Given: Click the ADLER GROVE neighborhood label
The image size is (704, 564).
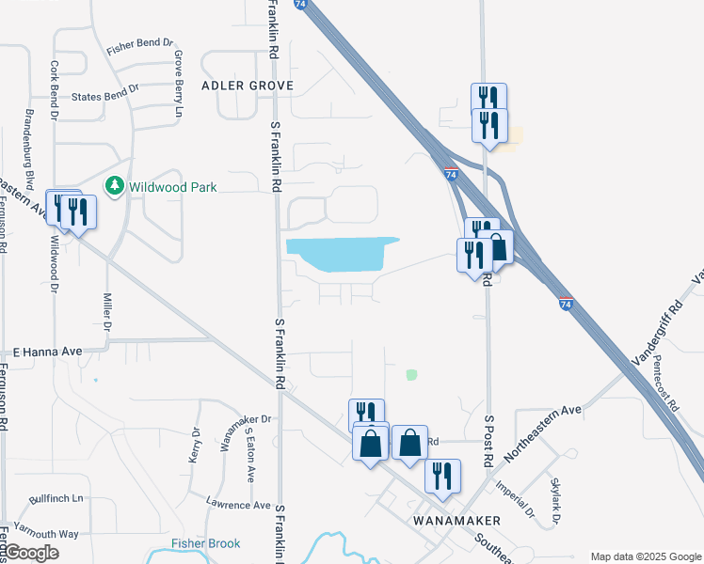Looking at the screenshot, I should (x=248, y=86).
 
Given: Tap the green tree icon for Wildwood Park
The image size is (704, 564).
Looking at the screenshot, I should (x=115, y=186).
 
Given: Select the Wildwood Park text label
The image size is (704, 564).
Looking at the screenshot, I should (x=173, y=187).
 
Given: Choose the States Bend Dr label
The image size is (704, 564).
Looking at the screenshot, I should (x=105, y=93).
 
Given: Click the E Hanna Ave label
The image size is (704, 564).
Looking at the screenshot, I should (x=47, y=352).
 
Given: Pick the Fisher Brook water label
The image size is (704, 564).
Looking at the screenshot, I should (x=205, y=543).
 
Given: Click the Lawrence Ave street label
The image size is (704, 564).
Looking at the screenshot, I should (x=239, y=505).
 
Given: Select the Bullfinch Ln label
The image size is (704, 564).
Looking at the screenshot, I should (x=56, y=497).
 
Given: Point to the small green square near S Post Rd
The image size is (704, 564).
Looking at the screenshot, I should (x=411, y=374).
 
